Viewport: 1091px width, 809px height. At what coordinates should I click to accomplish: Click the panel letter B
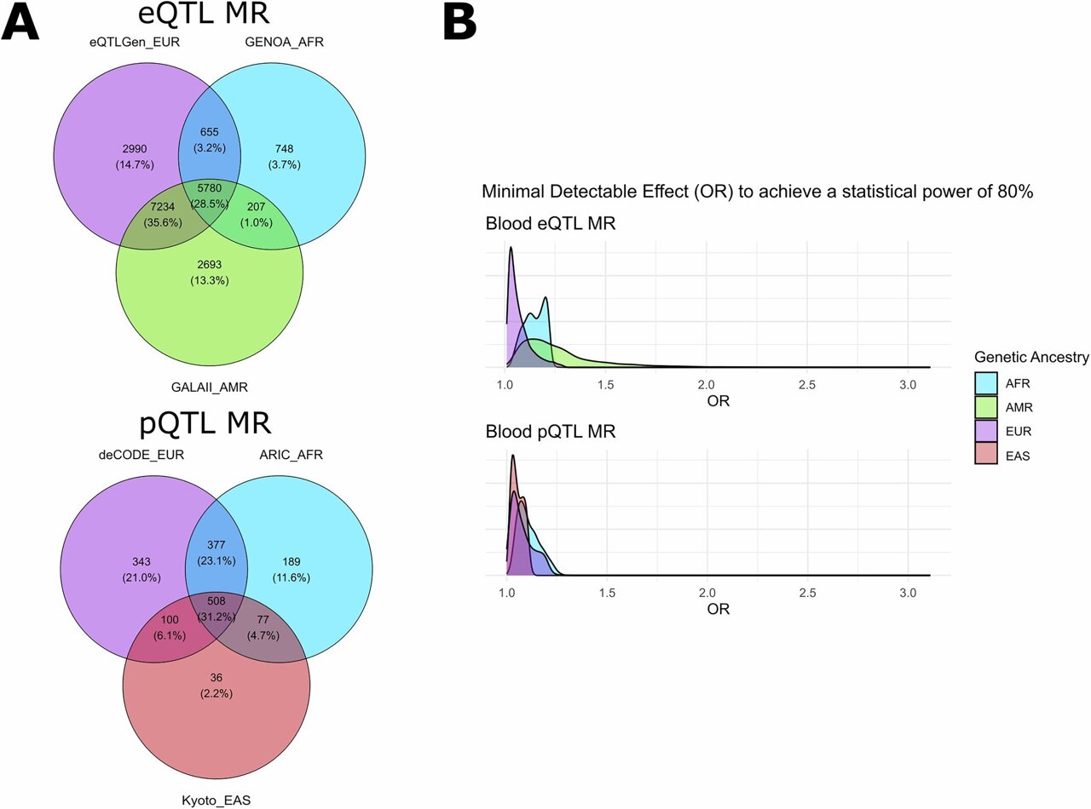[x=459, y=23]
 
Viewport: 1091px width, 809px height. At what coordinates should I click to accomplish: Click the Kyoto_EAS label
[x=216, y=800]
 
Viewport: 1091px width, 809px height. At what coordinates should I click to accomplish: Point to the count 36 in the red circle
[x=216, y=679]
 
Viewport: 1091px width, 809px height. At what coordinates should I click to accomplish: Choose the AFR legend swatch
[x=985, y=383]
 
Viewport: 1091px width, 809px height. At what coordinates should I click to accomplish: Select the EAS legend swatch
[x=985, y=456]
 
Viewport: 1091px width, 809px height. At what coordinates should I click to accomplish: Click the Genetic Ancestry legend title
[x=1030, y=358]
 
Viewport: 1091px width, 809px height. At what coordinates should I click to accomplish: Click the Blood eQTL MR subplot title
[x=551, y=226]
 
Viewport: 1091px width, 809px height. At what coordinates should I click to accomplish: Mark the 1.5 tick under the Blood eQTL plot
[x=606, y=384]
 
